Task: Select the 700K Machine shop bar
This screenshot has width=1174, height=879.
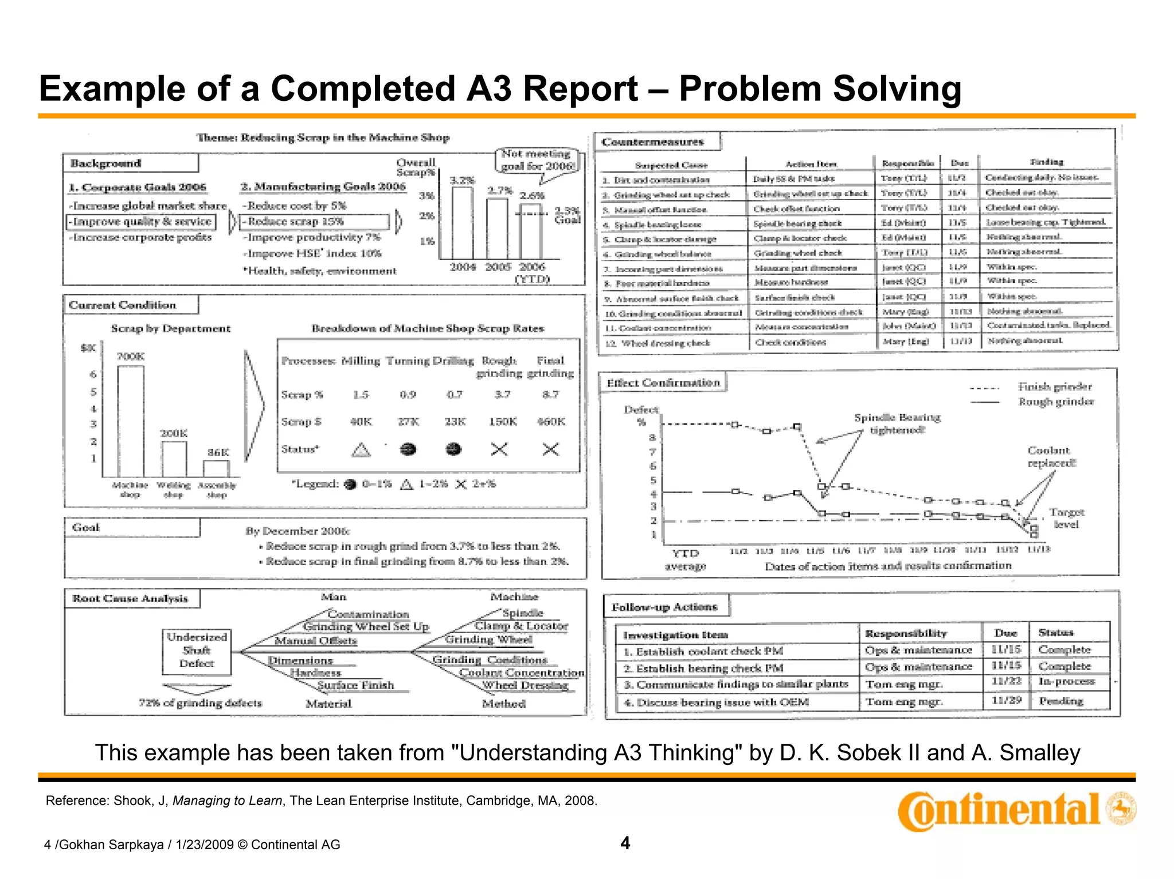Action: coord(131,421)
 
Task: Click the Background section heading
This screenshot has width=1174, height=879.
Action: coord(106,163)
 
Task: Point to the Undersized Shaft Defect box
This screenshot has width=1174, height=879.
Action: coord(197,651)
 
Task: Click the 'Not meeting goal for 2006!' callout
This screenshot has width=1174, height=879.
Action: coord(537,160)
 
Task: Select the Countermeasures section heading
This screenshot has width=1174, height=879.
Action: coord(652,142)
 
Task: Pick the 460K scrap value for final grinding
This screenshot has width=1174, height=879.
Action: coord(551,422)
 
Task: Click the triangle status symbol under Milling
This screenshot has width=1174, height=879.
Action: coord(361,450)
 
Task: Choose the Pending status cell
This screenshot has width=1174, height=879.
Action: coord(1060,701)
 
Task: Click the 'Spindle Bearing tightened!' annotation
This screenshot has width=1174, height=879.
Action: coord(897,423)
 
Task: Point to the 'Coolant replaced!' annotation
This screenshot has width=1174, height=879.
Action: coord(1051,457)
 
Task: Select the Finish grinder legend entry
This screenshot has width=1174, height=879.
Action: coord(1054,387)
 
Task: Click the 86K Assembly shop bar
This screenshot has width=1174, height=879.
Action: coord(217,468)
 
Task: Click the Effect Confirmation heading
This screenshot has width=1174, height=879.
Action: coord(663,383)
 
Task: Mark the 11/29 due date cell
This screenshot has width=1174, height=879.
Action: coord(1006,700)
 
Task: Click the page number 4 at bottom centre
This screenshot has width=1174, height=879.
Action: coord(625,843)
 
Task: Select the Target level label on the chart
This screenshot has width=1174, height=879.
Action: coord(1066,518)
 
